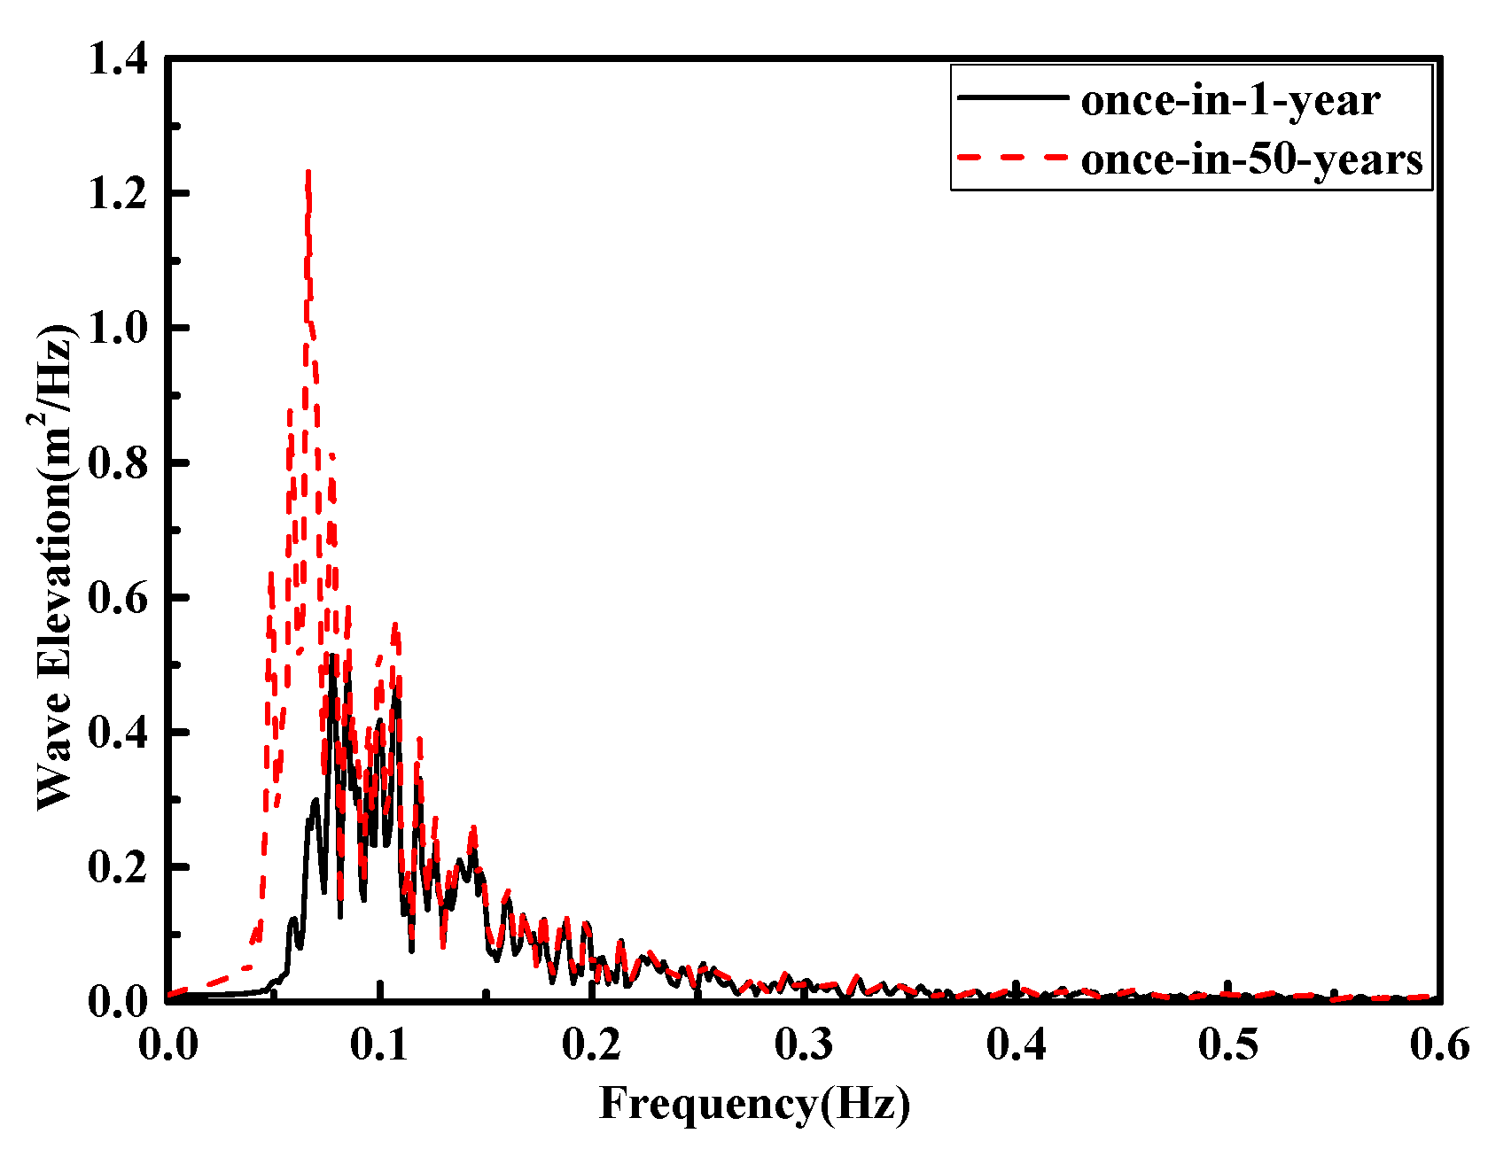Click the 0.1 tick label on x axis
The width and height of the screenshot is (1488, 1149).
pyautogui.click(x=379, y=1045)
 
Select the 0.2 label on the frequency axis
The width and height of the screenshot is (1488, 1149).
pyautogui.click(x=591, y=1045)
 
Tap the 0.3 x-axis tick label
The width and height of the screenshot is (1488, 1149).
pyautogui.click(x=804, y=1045)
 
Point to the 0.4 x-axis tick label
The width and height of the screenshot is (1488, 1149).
pyautogui.click(x=1017, y=1045)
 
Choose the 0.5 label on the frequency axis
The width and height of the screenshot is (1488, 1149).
pyautogui.click(x=1228, y=1045)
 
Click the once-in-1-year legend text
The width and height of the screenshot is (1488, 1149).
pyautogui.click(x=1230, y=100)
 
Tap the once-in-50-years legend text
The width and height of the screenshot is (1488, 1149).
pyautogui.click(x=1251, y=159)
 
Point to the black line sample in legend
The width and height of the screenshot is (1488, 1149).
pyautogui.click(x=1013, y=97)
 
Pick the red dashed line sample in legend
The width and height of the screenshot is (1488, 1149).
pyautogui.click(x=1013, y=156)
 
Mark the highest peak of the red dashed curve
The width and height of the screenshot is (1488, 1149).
pyautogui.click(x=308, y=172)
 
